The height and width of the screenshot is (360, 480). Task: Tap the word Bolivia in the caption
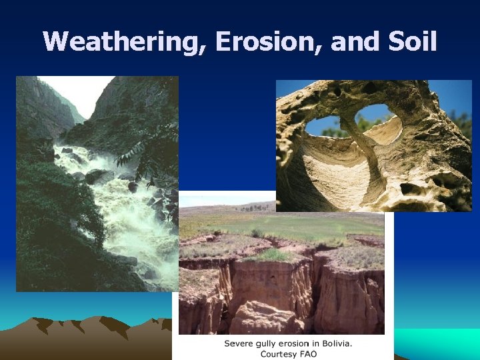click(338, 343)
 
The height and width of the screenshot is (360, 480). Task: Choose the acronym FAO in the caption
click(309, 353)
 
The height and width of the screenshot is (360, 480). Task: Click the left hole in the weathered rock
click(323, 124)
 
